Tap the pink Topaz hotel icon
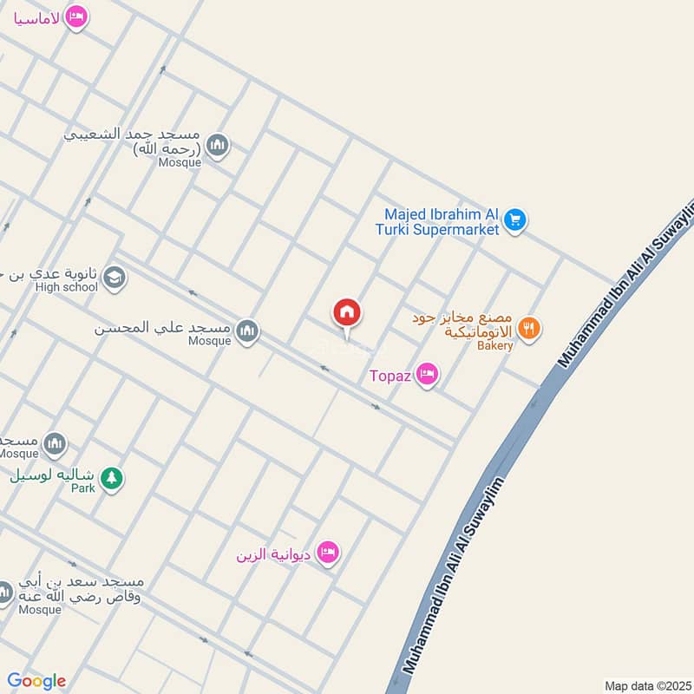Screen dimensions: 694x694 [x=427, y=375]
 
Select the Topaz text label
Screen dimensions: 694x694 [x=390, y=376]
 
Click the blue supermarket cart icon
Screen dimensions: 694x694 [x=515, y=219]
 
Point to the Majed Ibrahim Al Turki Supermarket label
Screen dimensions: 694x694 [x=442, y=222]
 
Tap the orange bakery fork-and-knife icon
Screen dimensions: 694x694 [x=528, y=329]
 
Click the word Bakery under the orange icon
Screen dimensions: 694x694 [x=494, y=345]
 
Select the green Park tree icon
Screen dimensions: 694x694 [x=111, y=477]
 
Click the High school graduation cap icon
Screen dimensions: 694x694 [x=114, y=278]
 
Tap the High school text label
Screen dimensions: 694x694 [x=67, y=287]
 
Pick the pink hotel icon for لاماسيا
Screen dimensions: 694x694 [x=76, y=16]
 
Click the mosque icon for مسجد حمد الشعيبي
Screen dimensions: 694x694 [x=218, y=145]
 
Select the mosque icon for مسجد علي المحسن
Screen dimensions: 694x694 [x=247, y=331]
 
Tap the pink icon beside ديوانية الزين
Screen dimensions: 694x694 [x=327, y=553]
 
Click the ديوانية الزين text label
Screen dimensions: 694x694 [x=274, y=553]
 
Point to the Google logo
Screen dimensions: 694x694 [x=36, y=681]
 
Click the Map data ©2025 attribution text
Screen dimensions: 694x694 [x=645, y=685]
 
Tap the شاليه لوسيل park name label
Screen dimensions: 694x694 [x=54, y=476]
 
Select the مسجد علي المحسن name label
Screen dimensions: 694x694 [x=162, y=329]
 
